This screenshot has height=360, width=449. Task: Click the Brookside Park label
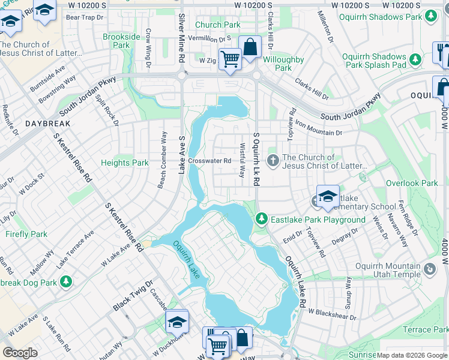[121, 41]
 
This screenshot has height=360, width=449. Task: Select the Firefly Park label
[26, 234]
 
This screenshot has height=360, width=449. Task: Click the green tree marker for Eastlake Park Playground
[261, 220]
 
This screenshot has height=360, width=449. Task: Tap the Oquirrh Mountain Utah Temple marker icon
[430, 270]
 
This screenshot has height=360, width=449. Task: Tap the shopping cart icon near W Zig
[229, 59]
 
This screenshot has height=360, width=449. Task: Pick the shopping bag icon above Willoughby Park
[250, 46]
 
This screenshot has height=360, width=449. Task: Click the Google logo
[20, 352]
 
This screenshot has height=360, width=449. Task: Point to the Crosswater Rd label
[209, 161]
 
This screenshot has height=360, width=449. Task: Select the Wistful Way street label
[242, 160]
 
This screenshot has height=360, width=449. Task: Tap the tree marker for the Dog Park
[65, 281]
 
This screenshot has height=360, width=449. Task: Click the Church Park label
[217, 25]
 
